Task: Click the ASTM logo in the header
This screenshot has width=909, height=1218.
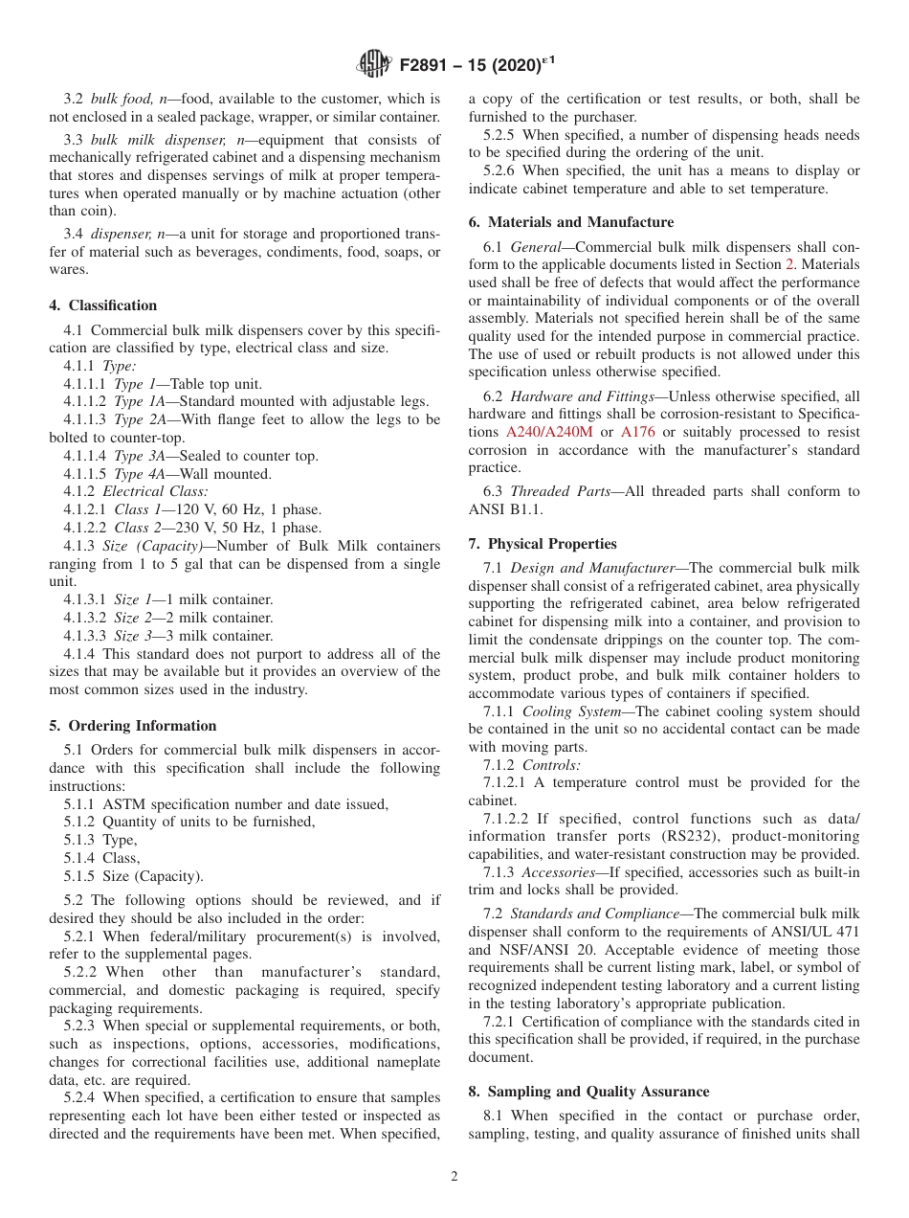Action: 372,64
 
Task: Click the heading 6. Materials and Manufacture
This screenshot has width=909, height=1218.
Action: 570,222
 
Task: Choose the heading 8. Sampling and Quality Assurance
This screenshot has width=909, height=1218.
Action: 588,1092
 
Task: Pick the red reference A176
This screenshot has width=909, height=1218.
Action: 638,432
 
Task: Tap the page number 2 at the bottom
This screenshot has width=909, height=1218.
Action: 454,1177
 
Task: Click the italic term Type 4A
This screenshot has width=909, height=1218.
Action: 140,474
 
